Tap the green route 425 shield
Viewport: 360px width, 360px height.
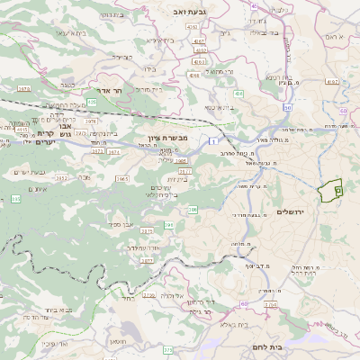click(93, 103)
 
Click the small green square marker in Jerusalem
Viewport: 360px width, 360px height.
click(337, 190)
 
